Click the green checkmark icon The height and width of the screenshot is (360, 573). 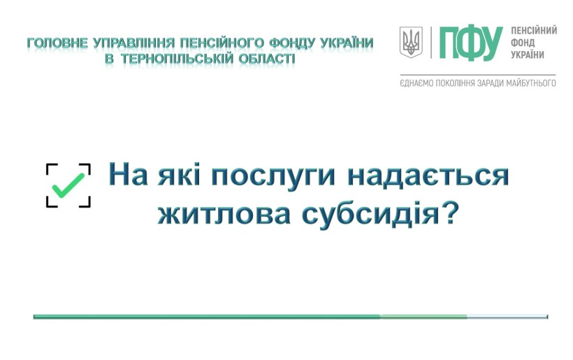(x=68, y=185)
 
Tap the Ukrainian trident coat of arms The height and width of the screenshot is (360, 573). (x=411, y=42)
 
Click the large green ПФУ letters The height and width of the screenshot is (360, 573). (x=471, y=43)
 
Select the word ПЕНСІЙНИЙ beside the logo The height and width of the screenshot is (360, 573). (x=534, y=30)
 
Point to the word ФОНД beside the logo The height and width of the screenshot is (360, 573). (x=523, y=43)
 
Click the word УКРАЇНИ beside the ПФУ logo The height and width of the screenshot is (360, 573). (x=528, y=55)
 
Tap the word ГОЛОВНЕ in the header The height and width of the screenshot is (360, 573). (x=58, y=43)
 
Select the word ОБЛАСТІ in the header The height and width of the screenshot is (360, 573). (x=267, y=59)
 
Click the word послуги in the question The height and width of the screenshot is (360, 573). (x=273, y=175)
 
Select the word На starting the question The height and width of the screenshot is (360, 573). (x=129, y=175)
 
